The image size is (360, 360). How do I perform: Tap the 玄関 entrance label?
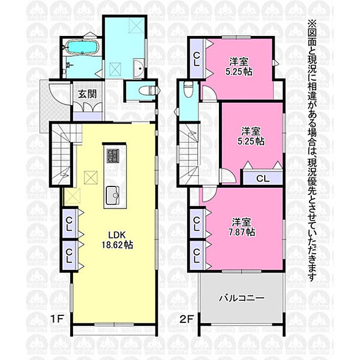(x=87, y=94)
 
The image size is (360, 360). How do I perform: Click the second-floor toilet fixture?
(x=189, y=88)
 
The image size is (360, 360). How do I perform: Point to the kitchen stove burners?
(x=113, y=155)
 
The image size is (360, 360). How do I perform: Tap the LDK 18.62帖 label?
(x=117, y=240)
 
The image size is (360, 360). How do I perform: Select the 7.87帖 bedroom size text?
(x=242, y=232)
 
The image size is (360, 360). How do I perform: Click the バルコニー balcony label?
(x=242, y=298)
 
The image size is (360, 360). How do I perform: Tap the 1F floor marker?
(x=57, y=319)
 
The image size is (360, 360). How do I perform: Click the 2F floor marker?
(x=186, y=319)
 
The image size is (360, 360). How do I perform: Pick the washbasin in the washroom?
(x=139, y=66)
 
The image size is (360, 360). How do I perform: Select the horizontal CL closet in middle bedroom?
(x=262, y=178)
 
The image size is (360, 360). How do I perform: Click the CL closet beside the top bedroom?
(x=196, y=59)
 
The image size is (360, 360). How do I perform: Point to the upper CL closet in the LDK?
(x=69, y=224)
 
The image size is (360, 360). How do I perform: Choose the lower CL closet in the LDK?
(x=69, y=255)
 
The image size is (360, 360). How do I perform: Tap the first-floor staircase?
(x=62, y=154)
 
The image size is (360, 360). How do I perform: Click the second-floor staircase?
(x=189, y=154)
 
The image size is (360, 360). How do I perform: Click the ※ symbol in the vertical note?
(x=312, y=24)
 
